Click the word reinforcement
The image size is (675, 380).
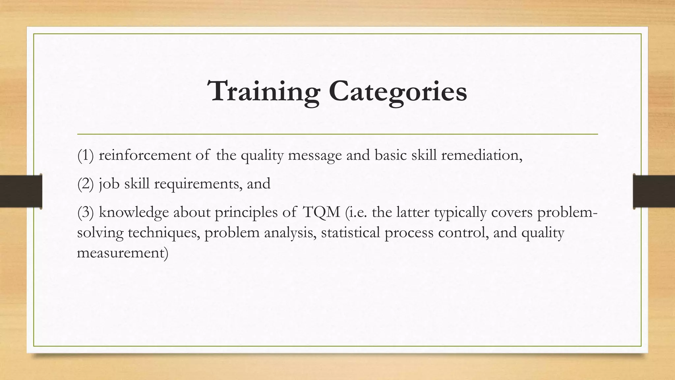click(145, 155)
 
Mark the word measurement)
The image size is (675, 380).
click(122, 253)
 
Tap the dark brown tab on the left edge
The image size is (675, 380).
click(21, 191)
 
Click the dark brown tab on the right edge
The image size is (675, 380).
click(654, 191)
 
